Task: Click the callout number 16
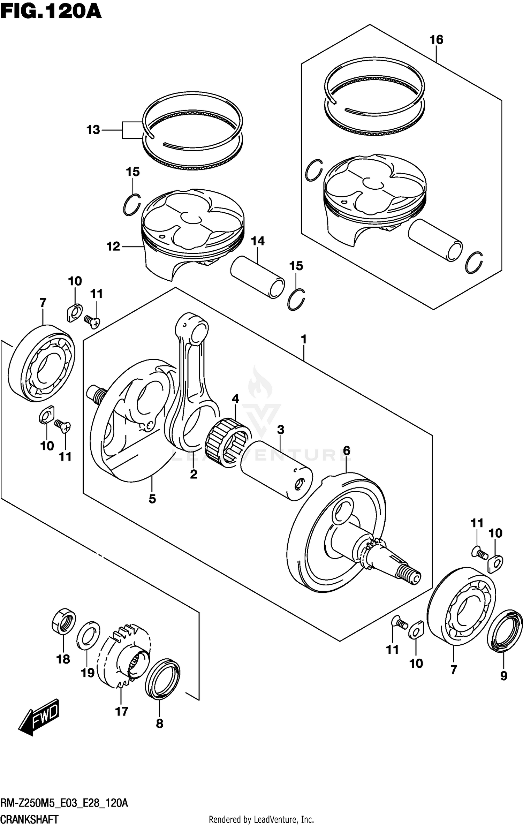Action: [x=436, y=40]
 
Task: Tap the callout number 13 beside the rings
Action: [x=93, y=130]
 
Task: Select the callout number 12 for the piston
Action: [x=113, y=247]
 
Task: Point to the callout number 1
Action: [x=304, y=339]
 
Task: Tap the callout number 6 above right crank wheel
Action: [x=346, y=451]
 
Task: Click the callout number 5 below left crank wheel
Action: [x=152, y=499]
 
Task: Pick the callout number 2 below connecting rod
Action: [x=194, y=474]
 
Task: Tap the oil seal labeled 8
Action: [x=162, y=679]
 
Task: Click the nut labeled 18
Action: [x=64, y=621]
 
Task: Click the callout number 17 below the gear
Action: [x=122, y=711]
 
